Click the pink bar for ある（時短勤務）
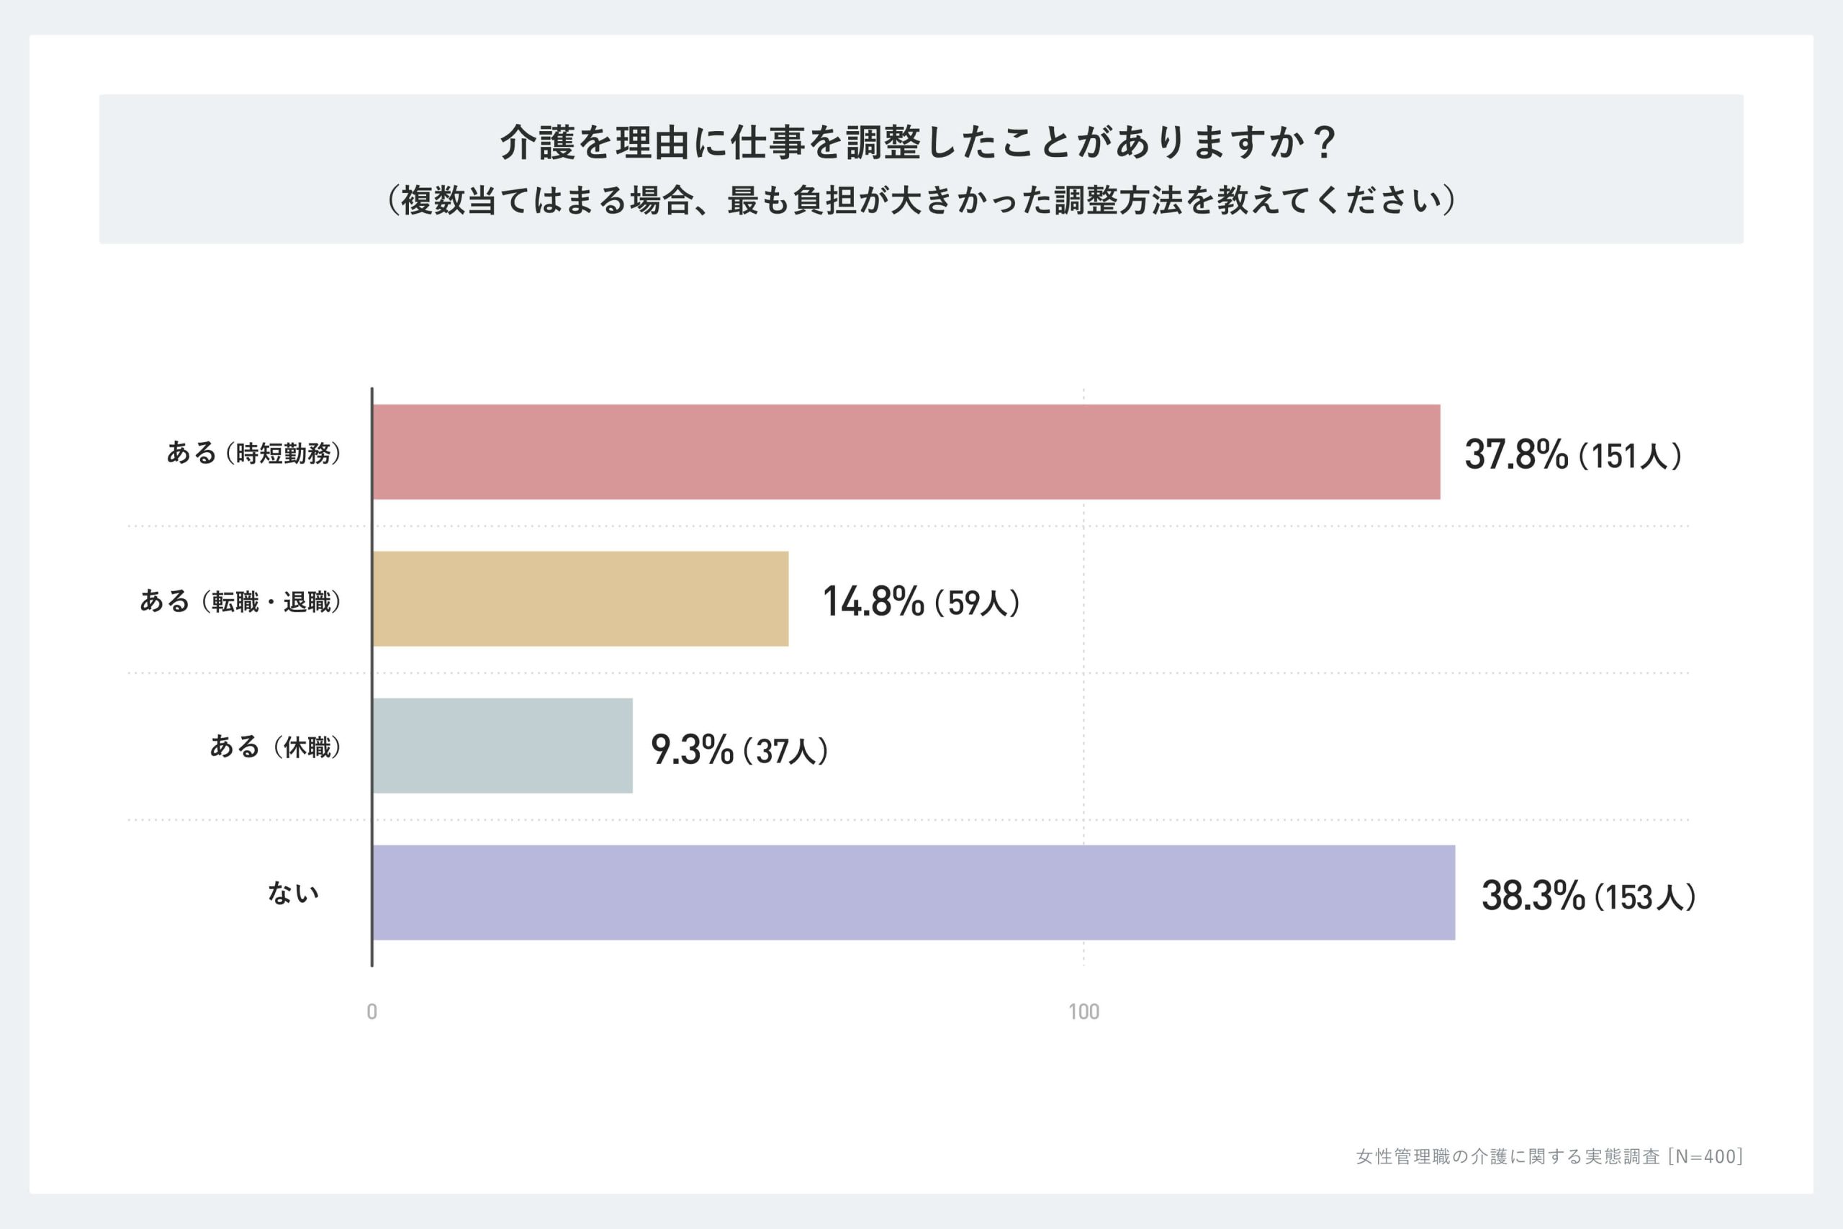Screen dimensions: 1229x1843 point(906,452)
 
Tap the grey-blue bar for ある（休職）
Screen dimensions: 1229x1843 point(503,745)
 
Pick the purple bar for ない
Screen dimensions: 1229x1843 point(914,892)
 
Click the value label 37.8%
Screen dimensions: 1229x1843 point(1516,454)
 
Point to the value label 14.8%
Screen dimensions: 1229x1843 point(873,601)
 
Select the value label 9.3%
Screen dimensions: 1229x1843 point(692,749)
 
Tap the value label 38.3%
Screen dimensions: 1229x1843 point(1533,896)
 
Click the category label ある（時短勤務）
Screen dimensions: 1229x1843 point(254,453)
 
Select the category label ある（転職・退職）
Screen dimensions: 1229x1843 point(240,601)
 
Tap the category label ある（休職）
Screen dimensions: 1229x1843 point(275,747)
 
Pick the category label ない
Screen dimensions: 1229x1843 point(293,893)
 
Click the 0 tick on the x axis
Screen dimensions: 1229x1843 point(372,1012)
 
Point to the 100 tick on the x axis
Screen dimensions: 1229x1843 point(1083,1012)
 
